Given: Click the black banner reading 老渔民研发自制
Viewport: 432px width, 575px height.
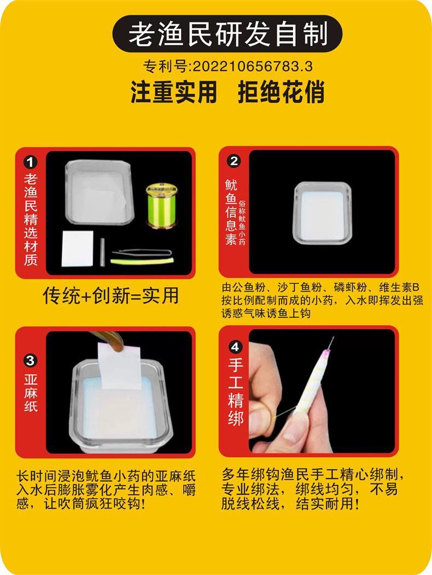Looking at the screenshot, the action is tap(227, 34).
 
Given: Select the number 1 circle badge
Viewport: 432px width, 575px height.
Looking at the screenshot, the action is tap(31, 162).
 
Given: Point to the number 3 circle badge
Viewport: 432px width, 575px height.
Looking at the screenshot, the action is tap(31, 361).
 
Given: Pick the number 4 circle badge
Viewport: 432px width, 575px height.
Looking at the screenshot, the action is tap(235, 347).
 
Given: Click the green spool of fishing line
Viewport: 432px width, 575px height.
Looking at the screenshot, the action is tap(162, 206).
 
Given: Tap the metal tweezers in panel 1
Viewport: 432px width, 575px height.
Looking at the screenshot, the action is tap(142, 253).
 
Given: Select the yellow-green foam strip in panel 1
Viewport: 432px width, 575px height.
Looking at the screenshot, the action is tap(142, 261).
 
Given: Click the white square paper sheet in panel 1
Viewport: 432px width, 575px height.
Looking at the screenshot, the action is tap(77, 248).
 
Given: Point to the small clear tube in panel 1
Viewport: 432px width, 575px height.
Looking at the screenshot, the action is tap(102, 252).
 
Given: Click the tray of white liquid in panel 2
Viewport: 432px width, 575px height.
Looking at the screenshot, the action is tap(322, 213).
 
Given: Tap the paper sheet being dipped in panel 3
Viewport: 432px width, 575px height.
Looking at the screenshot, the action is tap(120, 366).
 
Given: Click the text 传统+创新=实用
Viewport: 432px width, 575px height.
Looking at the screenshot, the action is tap(110, 295).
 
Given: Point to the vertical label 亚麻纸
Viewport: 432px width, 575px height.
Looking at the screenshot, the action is tap(31, 393).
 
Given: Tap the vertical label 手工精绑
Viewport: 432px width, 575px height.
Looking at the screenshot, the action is tap(236, 391).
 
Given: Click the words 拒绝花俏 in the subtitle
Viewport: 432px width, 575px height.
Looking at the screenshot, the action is tap(281, 92).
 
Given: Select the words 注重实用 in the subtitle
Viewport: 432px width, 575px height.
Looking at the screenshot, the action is tap(174, 92).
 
